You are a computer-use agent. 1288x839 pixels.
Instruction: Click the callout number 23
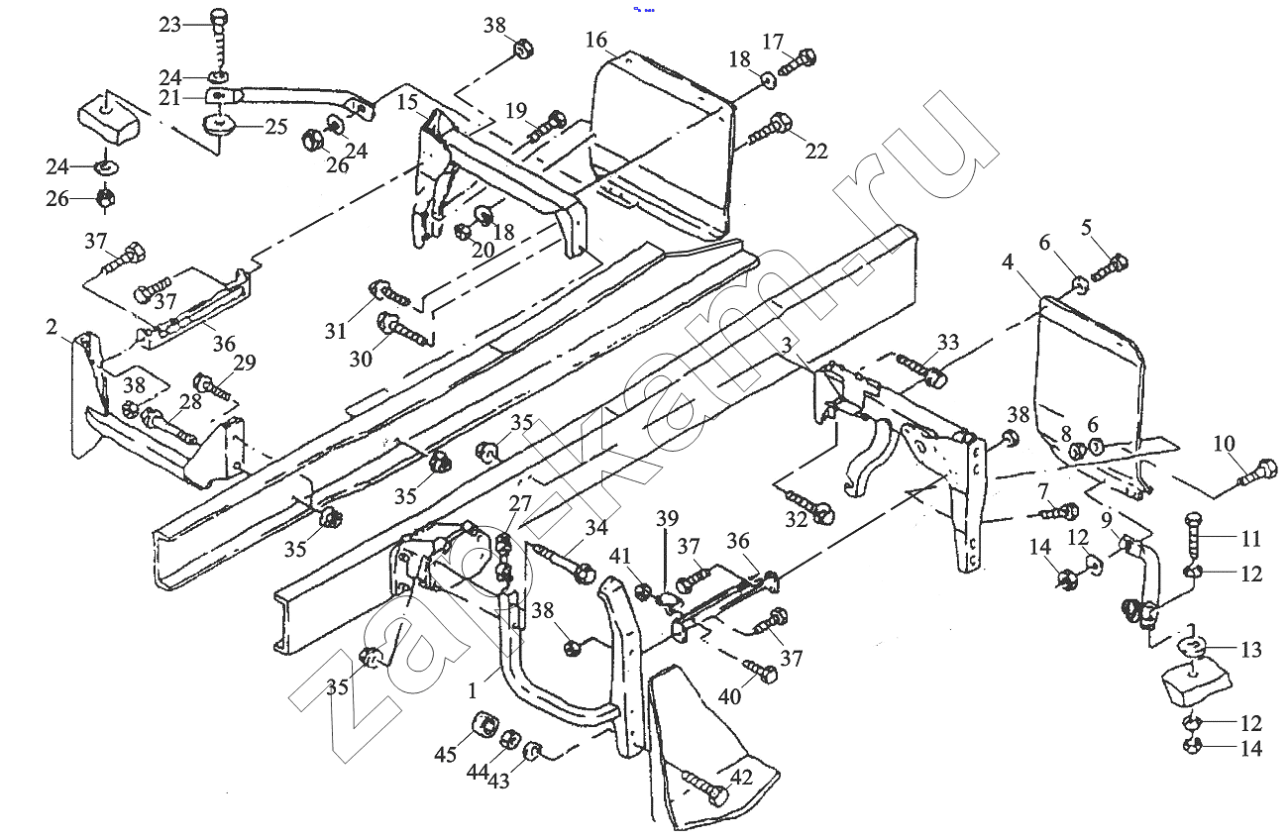pos(169,25)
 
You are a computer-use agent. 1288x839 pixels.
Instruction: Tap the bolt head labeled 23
pos(219,19)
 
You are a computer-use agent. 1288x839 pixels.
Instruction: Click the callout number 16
pos(596,40)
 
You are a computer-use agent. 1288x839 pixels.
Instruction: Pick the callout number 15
pos(407,102)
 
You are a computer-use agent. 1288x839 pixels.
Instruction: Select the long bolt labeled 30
pos(403,329)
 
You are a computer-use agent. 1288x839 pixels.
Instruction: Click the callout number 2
pos(52,327)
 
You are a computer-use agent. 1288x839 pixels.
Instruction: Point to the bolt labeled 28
pos(168,427)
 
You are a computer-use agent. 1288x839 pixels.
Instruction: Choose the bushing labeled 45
pos(483,724)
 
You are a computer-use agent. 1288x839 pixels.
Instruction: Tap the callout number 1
pos(472,690)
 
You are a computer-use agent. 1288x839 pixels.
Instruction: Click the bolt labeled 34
pos(564,562)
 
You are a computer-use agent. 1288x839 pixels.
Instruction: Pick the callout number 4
pos(1007,262)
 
